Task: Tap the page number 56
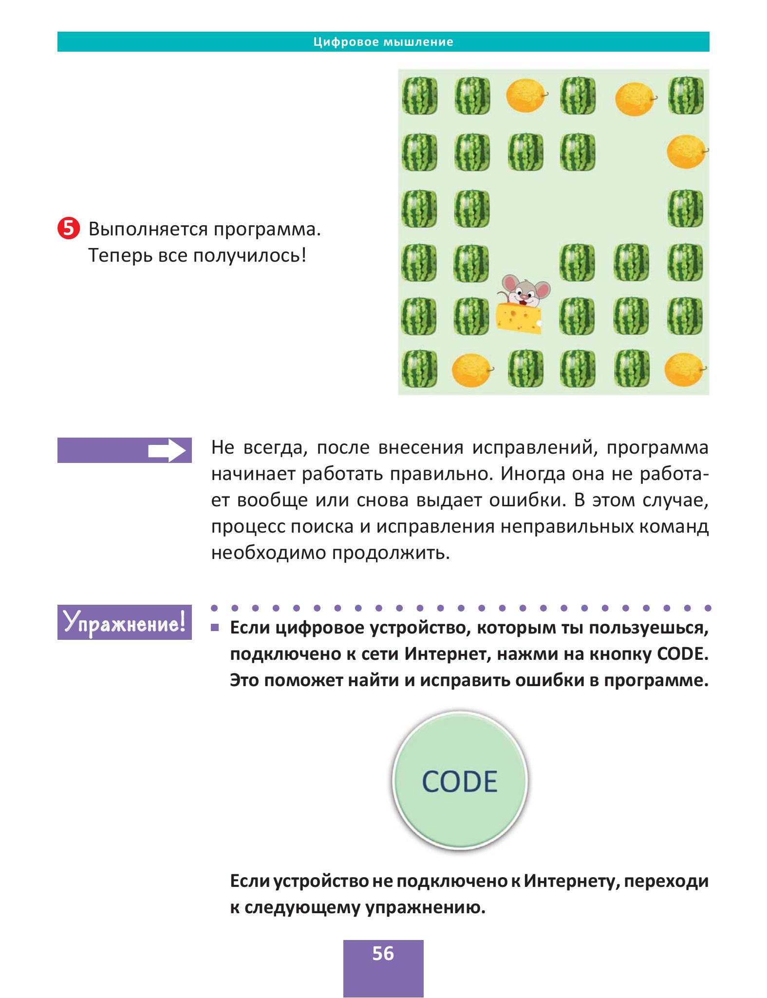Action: click(x=383, y=953)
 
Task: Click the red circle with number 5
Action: click(x=68, y=229)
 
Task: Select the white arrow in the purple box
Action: click(x=167, y=451)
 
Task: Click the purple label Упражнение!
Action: click(x=125, y=622)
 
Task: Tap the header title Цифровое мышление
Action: click(x=383, y=42)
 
